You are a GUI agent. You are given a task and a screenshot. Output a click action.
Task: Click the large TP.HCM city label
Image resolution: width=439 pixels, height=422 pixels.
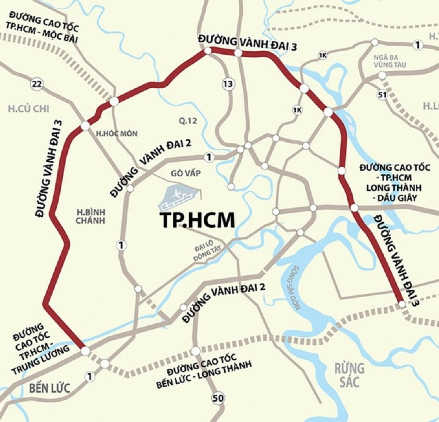coord(197,220)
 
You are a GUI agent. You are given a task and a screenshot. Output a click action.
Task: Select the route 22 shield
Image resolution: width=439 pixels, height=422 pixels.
coord(36,84)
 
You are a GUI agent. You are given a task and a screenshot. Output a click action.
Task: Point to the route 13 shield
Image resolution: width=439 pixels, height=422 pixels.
coord(227,84)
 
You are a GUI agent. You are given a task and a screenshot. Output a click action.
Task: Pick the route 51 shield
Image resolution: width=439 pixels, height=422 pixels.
coord(382,95)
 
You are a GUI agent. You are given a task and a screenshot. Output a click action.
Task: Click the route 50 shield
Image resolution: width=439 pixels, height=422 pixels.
coord(216,398)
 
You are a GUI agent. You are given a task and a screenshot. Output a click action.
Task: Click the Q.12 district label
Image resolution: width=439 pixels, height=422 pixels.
coord(187,121)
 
